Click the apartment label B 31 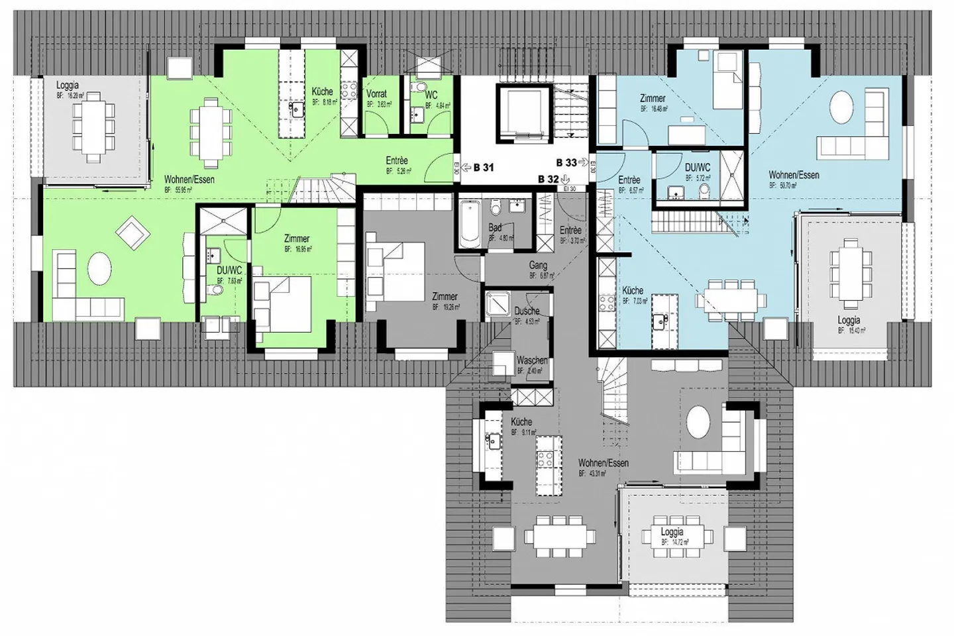484,168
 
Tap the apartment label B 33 566,162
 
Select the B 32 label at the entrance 549,179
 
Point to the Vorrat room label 376,94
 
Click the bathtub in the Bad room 470,223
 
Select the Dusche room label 527,311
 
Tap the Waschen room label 531,360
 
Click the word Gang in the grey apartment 538,265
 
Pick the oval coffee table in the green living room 99,269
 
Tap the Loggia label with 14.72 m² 672,532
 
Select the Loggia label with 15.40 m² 849,321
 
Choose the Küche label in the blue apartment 633,290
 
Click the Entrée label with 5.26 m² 397,160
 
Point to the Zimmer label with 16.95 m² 297,238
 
